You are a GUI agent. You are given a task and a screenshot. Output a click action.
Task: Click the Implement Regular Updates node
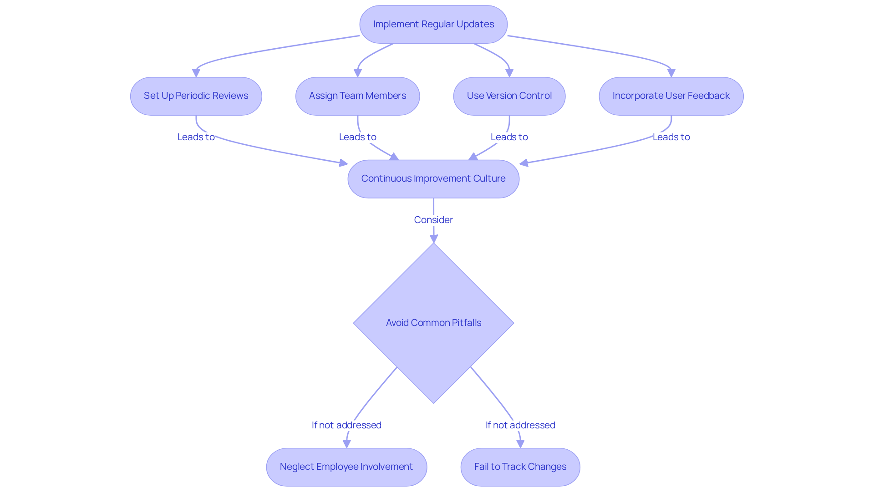point(433,25)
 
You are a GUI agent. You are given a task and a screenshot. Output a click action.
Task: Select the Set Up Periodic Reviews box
point(196,96)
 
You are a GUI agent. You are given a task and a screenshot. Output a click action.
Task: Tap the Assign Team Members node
point(357,96)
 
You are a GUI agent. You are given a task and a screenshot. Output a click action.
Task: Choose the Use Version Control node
point(509,96)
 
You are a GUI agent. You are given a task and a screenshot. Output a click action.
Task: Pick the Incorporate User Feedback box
point(671,96)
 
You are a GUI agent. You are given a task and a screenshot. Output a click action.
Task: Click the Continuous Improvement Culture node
point(433,179)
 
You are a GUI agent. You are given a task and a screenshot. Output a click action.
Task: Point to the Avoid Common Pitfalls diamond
point(433,323)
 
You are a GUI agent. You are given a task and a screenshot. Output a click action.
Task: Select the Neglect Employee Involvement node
point(346,467)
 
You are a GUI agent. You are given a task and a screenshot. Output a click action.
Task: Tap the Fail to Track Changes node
point(520,467)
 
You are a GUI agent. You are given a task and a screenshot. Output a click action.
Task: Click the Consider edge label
point(433,220)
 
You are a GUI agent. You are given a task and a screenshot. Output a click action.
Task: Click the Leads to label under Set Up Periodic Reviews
point(196,137)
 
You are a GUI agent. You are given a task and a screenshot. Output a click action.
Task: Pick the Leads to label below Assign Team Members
point(357,137)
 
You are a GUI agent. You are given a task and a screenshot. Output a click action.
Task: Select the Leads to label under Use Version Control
point(509,137)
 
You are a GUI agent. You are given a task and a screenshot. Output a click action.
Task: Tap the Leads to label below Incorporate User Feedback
point(671,137)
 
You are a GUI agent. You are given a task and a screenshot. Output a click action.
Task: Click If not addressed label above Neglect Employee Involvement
point(346,425)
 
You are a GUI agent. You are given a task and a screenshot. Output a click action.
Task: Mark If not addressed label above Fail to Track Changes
point(520,425)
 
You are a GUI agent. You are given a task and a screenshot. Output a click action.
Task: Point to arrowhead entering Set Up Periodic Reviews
point(196,73)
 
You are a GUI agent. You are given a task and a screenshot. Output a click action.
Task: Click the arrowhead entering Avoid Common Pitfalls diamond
point(433,239)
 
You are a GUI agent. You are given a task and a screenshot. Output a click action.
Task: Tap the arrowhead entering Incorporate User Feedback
point(671,73)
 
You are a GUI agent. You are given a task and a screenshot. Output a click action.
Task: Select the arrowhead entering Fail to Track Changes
point(520,444)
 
